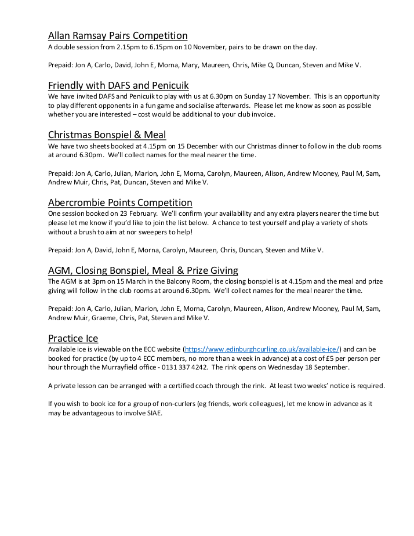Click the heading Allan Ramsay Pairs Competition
[118, 35]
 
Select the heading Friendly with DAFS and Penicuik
[118, 85]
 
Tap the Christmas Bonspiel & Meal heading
[107, 135]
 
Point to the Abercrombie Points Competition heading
[120, 202]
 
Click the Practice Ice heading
[73, 338]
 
